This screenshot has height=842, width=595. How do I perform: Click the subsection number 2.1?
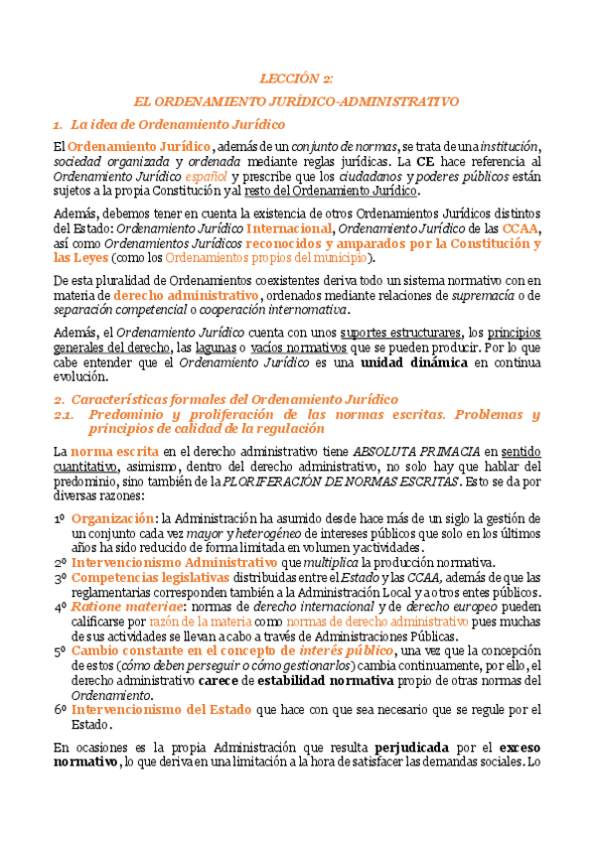tap(67, 414)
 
